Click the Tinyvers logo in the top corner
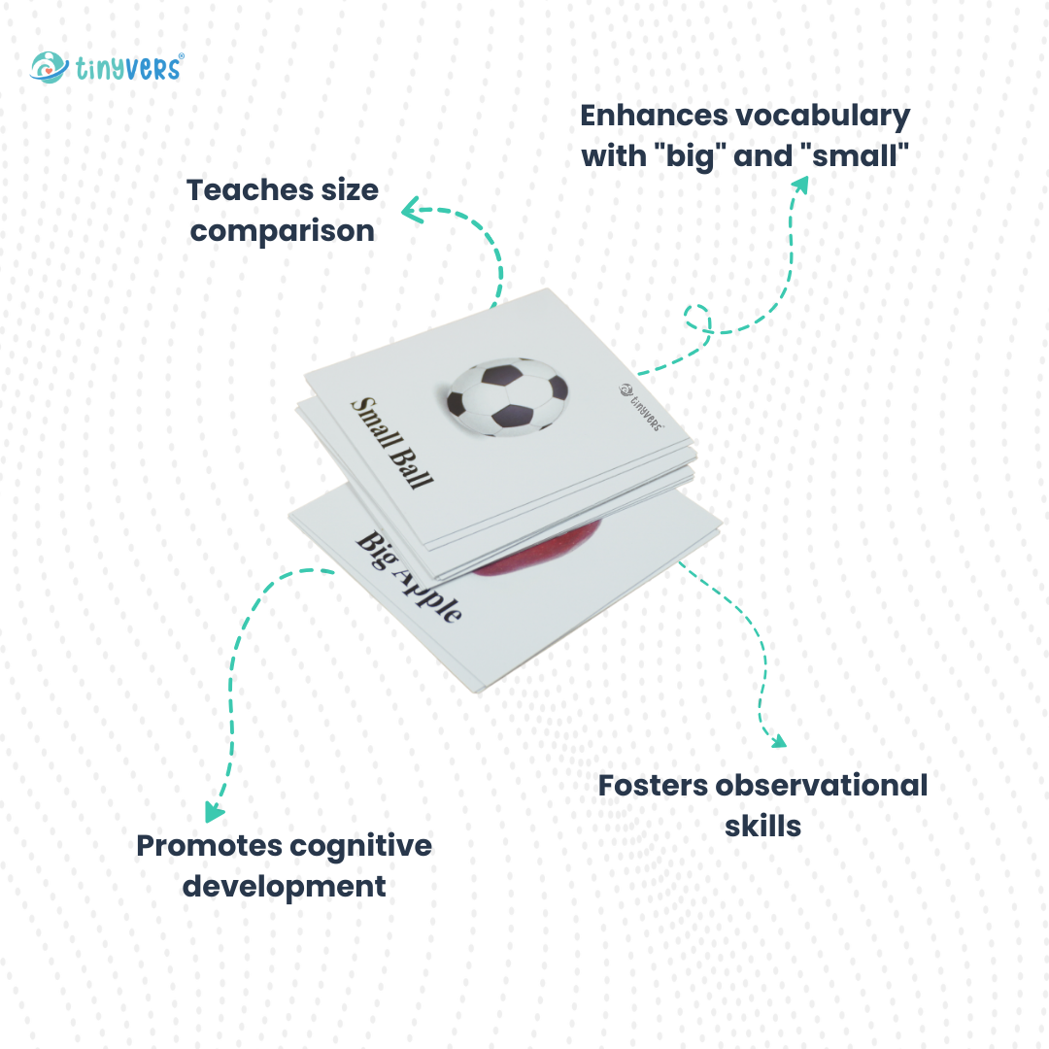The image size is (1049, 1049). (x=107, y=68)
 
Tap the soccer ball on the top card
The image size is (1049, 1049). (x=508, y=397)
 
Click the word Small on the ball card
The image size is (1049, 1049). (x=376, y=423)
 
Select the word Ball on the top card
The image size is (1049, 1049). (x=412, y=468)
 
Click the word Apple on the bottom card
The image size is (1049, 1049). (x=428, y=595)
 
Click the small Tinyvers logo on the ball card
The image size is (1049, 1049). (x=641, y=407)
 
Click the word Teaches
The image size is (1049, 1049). (x=251, y=190)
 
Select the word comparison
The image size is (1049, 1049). (x=283, y=231)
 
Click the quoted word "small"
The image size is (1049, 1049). (x=855, y=155)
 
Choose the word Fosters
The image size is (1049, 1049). (x=653, y=786)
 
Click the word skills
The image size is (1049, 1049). (x=762, y=827)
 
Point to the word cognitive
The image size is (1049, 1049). (x=360, y=847)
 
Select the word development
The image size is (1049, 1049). (x=284, y=887)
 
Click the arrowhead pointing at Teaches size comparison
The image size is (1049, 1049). (x=411, y=211)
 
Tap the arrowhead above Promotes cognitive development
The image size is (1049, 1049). (x=214, y=811)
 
